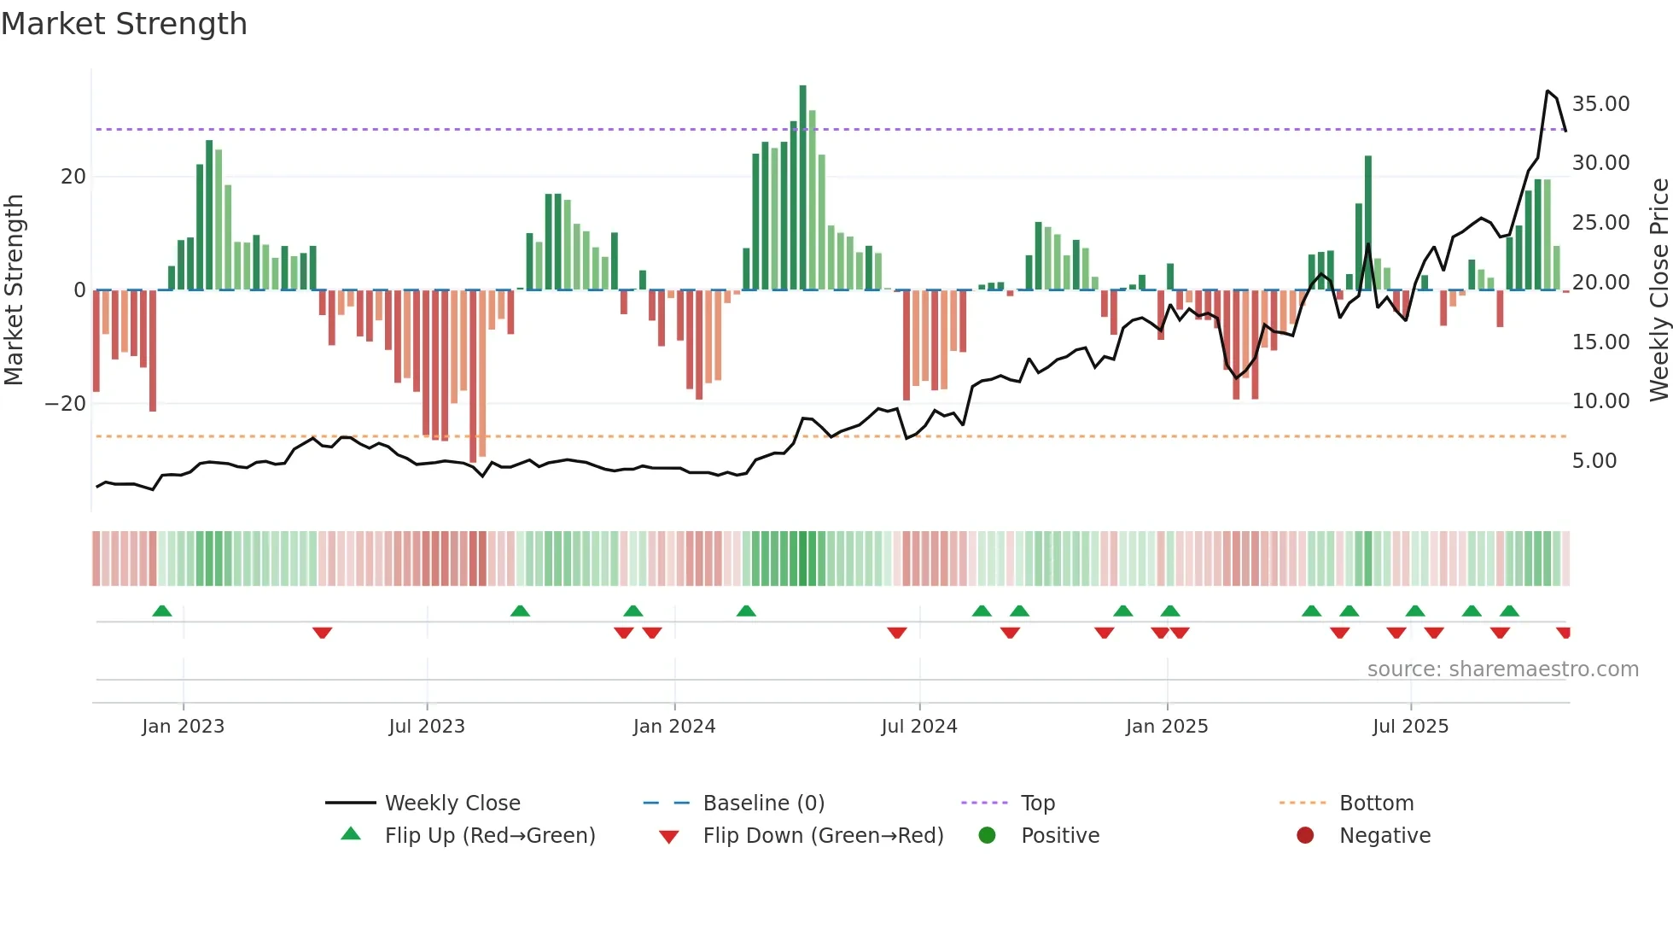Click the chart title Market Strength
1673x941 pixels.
click(x=124, y=24)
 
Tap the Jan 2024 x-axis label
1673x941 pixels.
click(x=673, y=727)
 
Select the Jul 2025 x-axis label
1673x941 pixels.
click(x=1410, y=727)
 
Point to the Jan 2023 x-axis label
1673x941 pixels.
click(x=183, y=727)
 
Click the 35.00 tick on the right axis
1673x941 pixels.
click(x=1600, y=104)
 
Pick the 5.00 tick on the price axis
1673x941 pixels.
click(x=1594, y=461)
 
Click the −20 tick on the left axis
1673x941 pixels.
click(x=66, y=404)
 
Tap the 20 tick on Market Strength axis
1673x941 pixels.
click(x=73, y=177)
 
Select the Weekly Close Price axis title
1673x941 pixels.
click(x=1658, y=289)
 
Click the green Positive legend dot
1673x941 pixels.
click(x=987, y=836)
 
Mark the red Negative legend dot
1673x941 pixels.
click(x=1305, y=836)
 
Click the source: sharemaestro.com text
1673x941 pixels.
click(x=1502, y=669)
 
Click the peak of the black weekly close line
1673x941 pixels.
click(x=1548, y=91)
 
